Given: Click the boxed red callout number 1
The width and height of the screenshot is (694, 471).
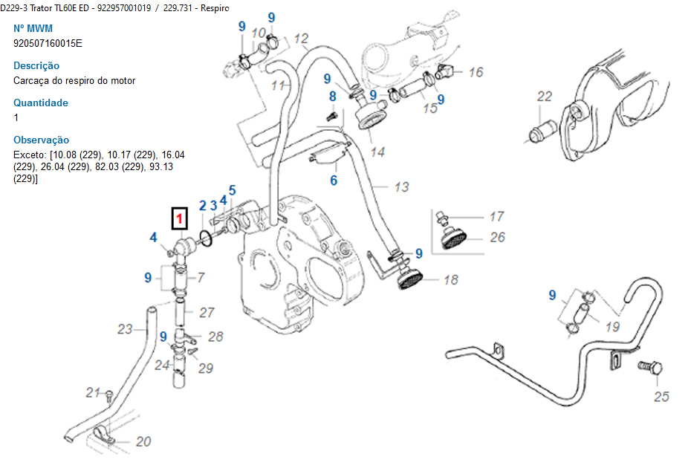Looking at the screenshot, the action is click(x=179, y=218).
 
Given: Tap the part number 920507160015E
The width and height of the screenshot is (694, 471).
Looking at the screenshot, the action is click(x=48, y=43).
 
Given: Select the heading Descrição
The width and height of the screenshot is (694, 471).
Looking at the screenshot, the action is click(x=36, y=65).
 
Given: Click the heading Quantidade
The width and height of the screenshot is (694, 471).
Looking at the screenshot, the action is click(x=41, y=103).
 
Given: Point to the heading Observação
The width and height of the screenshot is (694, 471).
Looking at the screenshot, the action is click(x=41, y=140).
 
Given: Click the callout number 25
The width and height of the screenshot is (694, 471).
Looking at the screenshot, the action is click(x=661, y=396).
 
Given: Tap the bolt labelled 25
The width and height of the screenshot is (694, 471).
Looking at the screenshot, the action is click(x=651, y=367).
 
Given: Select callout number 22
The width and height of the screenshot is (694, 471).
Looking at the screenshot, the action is click(x=545, y=97).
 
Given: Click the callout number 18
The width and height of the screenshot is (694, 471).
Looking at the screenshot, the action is click(x=450, y=280).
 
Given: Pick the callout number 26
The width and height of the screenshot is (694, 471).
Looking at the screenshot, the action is click(x=497, y=237).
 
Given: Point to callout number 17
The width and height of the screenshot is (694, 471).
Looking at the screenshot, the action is click(x=496, y=216).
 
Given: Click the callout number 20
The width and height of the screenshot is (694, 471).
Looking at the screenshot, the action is click(x=143, y=441).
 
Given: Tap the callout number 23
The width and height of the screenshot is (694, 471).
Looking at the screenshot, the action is click(x=125, y=329).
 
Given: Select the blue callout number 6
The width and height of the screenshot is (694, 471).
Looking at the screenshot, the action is click(x=334, y=181).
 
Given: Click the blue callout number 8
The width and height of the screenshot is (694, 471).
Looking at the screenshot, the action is click(x=332, y=96).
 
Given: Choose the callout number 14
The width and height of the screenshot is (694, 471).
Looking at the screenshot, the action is click(x=377, y=152).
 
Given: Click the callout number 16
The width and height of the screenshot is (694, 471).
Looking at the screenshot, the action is click(x=476, y=72).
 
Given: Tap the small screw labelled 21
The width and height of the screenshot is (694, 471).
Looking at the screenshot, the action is click(x=109, y=394).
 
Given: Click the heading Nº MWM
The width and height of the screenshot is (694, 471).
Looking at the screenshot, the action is click(x=33, y=28).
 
